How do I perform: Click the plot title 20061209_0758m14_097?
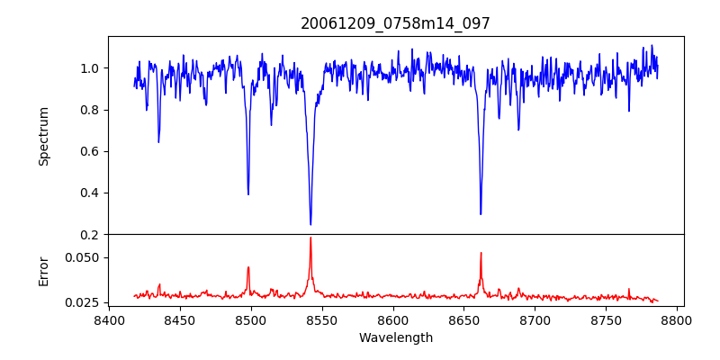coord(395,23)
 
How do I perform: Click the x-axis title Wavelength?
coord(395,337)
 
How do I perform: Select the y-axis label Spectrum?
coord(43,136)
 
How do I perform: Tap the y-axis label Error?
coord(43,271)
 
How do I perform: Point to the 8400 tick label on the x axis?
coord(108,319)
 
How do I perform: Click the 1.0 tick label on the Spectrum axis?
coord(89,68)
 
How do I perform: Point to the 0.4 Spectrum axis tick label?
coord(89,193)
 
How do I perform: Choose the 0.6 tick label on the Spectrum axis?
coord(89,151)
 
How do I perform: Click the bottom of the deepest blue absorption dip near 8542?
coord(310,224)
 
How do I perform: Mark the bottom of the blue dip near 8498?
coord(248,194)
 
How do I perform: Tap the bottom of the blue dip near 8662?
coord(481,214)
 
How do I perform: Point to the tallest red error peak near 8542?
coord(310,238)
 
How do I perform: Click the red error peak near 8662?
coord(481,253)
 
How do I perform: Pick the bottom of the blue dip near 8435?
coord(158,142)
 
